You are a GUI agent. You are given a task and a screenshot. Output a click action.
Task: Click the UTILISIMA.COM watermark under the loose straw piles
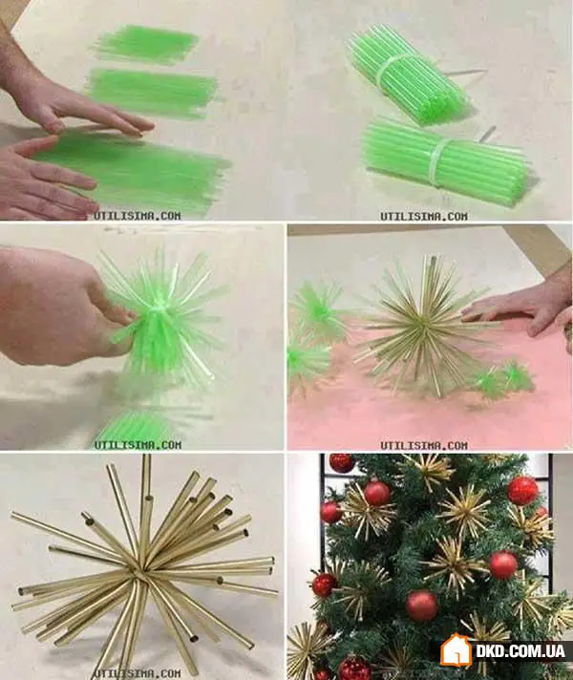[138, 216]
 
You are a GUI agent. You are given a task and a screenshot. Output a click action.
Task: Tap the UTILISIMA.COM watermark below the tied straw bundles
[424, 216]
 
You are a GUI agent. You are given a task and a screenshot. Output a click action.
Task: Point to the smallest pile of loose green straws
[145, 44]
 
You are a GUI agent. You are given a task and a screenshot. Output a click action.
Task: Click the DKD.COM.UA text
[520, 650]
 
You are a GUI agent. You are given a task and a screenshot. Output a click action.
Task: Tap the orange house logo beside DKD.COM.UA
[456, 649]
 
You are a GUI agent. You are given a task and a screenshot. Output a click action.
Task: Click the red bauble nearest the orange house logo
[421, 606]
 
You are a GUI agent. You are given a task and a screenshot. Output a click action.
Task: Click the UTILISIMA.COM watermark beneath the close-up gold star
[138, 673]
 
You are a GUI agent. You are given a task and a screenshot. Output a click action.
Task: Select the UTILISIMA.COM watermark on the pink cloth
[424, 445]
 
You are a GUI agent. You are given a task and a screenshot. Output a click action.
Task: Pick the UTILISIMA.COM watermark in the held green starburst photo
[138, 444]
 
